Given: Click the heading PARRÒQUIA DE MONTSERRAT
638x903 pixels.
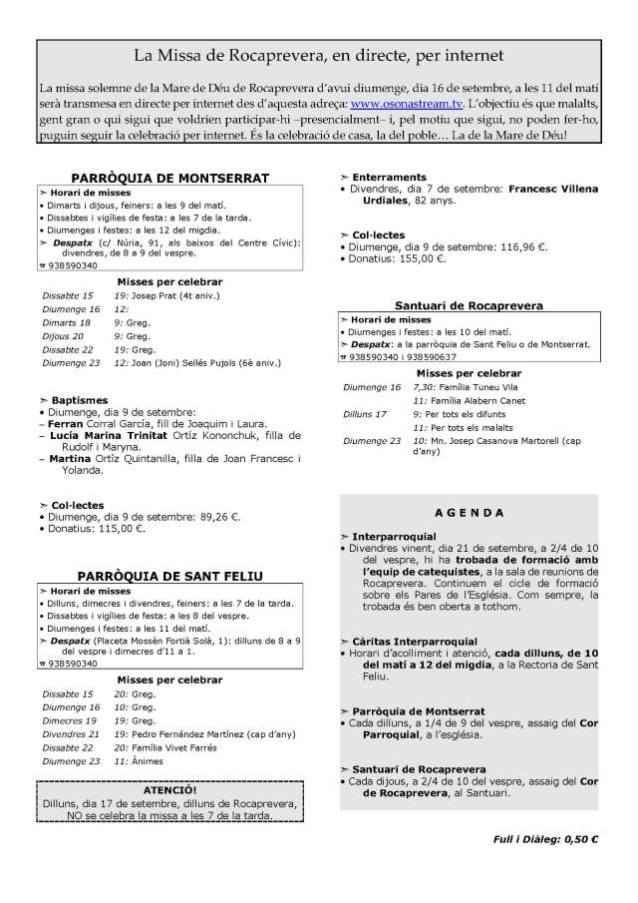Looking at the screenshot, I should (170, 178).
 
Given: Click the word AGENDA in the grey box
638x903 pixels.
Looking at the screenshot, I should (468, 513).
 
